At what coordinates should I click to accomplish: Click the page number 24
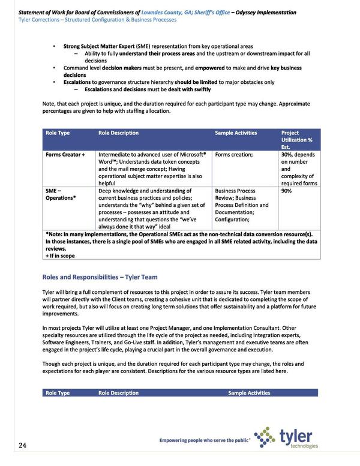pyautogui.click(x=22, y=445)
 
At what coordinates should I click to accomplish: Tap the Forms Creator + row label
pyautogui.click(x=65, y=155)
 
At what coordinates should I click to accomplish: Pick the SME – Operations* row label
pyautogui.click(x=61, y=194)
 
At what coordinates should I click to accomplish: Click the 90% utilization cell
pyautogui.click(x=287, y=191)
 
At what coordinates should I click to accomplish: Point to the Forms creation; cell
pyautogui.click(x=233, y=155)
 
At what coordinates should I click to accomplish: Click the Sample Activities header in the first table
pyautogui.click(x=236, y=133)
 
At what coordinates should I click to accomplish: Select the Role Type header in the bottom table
pyautogui.click(x=58, y=393)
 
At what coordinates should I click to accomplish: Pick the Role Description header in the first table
pyautogui.click(x=118, y=133)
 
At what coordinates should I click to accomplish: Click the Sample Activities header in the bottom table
pyautogui.click(x=249, y=393)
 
